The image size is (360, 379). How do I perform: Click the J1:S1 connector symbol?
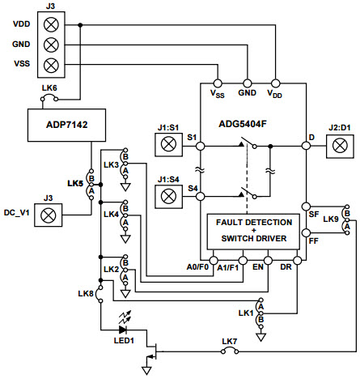click(x=169, y=145)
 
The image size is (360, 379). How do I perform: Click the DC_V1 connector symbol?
click(x=49, y=215)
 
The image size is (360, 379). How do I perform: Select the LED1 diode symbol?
click(x=124, y=330)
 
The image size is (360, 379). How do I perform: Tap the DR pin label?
click(x=297, y=266)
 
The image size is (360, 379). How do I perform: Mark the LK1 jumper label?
click(x=247, y=311)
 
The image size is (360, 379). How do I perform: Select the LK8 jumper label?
click(x=86, y=293)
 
